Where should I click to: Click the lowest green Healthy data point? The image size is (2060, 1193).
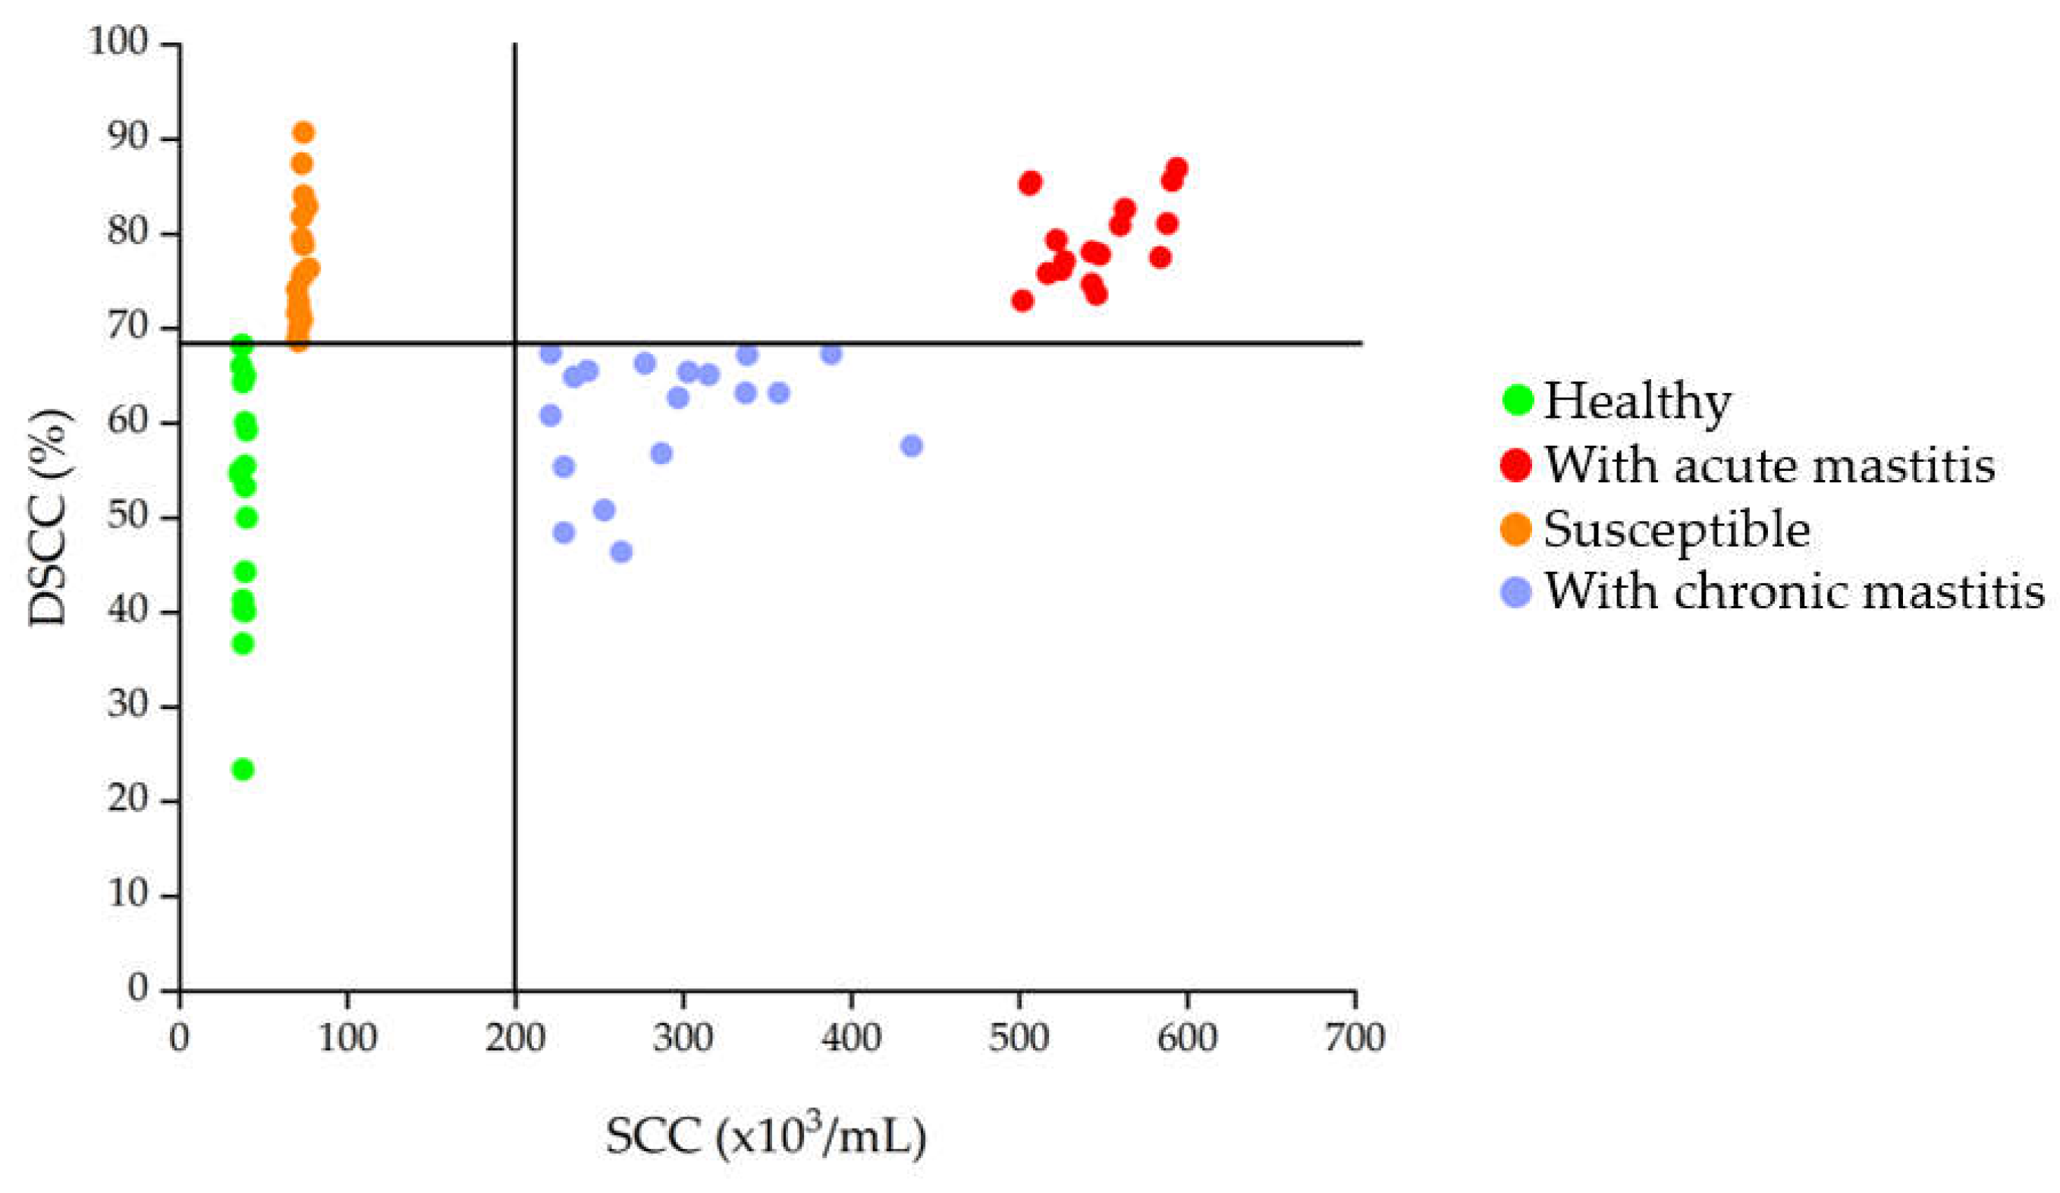pos(243,770)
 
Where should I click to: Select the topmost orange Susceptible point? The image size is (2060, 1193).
pos(303,133)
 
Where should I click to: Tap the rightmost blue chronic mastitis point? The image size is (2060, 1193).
pos(912,446)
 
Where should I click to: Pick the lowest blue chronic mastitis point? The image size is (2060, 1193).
pos(621,552)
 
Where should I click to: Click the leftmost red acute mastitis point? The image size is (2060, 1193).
pos(1022,301)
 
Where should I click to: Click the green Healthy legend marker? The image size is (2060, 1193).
pos(1517,400)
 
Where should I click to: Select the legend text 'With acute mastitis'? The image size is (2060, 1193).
pos(1769,465)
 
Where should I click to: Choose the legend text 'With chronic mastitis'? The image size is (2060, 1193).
pos(1794,590)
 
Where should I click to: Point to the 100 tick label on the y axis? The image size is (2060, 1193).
pos(118,42)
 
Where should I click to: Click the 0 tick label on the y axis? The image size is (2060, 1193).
pos(138,987)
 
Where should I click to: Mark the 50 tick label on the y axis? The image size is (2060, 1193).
pos(127,516)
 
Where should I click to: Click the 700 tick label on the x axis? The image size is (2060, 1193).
pos(1355,1038)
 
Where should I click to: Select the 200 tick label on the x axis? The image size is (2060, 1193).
pos(514,1038)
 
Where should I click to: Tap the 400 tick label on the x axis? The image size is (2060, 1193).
pos(851,1038)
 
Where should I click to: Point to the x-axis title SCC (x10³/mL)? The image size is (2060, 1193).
pos(765,1136)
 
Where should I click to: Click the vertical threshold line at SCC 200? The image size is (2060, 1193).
pos(515,655)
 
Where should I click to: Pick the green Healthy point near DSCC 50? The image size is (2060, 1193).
pos(246,517)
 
